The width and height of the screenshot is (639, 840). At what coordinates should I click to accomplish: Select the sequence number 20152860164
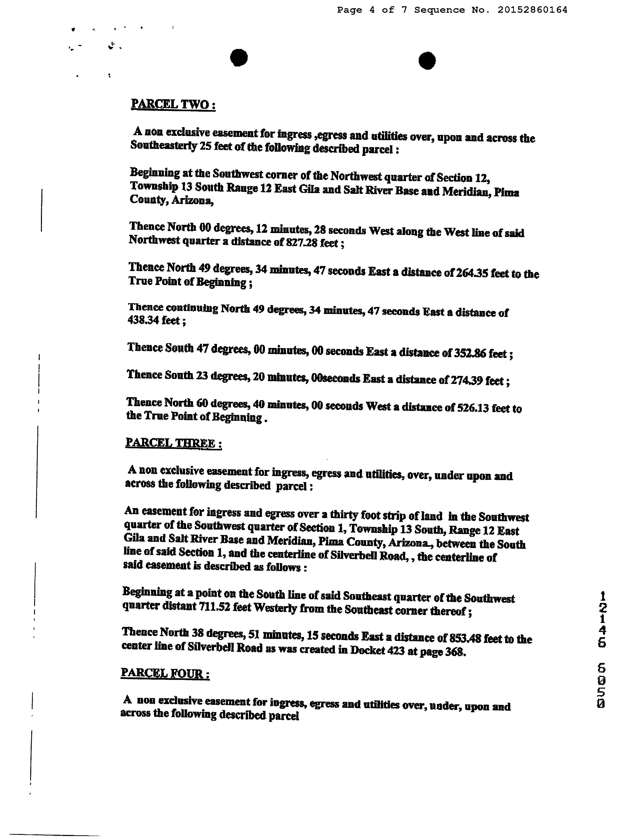point(532,10)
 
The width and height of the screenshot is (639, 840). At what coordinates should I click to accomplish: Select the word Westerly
point(275,608)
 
